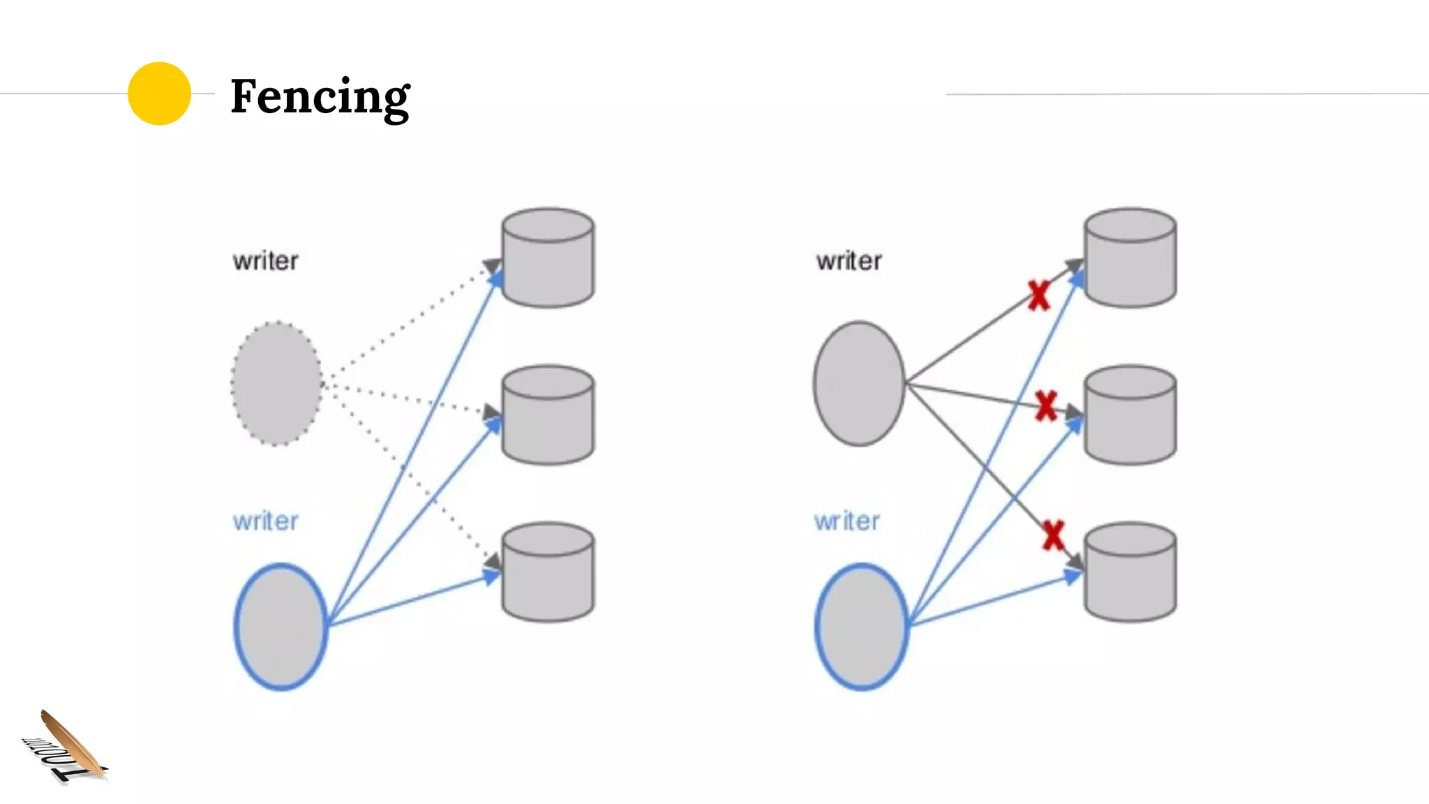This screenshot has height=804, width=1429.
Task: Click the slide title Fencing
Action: pyautogui.click(x=320, y=96)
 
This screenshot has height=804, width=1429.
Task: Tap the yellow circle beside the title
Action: pyautogui.click(x=159, y=94)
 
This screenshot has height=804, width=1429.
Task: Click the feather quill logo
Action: pyautogui.click(x=66, y=747)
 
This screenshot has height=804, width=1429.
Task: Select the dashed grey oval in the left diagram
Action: pyautogui.click(x=277, y=383)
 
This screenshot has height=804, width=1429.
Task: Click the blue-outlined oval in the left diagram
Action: pyautogui.click(x=280, y=626)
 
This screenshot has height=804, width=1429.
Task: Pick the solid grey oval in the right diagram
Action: pyautogui.click(x=859, y=383)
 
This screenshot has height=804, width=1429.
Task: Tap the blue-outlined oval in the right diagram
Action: pyautogui.click(x=862, y=626)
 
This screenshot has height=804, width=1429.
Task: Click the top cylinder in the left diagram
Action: pyautogui.click(x=548, y=258)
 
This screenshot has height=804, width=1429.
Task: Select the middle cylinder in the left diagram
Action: pyautogui.click(x=548, y=415)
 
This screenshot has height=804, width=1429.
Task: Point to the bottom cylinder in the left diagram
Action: pyautogui.click(x=548, y=572)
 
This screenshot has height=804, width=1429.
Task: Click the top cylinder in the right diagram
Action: pyautogui.click(x=1130, y=258)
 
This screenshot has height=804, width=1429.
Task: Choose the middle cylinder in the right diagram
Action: pyautogui.click(x=1130, y=415)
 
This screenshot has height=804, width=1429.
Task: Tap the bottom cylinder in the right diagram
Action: pyautogui.click(x=1130, y=572)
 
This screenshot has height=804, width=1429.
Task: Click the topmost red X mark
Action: pyautogui.click(x=1039, y=295)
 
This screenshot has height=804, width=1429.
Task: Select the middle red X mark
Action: pyautogui.click(x=1046, y=405)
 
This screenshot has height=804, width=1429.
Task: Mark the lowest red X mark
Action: pyautogui.click(x=1053, y=535)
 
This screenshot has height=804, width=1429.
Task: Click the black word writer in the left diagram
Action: pyautogui.click(x=265, y=261)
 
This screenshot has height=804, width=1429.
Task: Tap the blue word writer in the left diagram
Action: pyautogui.click(x=265, y=521)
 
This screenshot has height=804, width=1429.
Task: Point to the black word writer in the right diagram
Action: pyautogui.click(x=848, y=261)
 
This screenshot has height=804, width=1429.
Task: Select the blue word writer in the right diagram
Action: pyautogui.click(x=846, y=521)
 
